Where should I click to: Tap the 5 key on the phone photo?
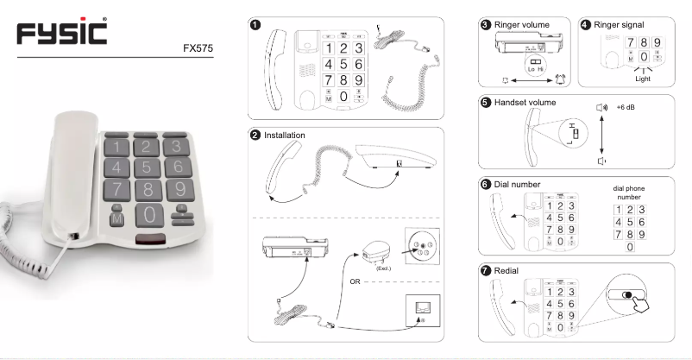click(148, 166)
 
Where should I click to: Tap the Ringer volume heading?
click(525, 24)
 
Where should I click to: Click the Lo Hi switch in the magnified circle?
click(534, 63)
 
